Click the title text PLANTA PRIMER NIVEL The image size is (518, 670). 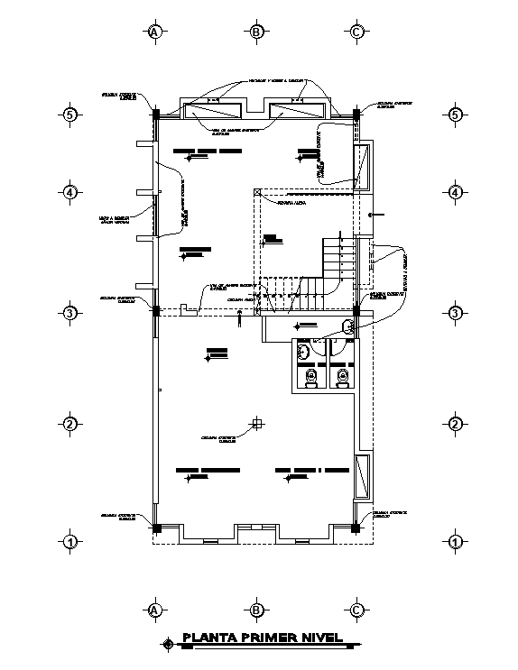[x=263, y=638]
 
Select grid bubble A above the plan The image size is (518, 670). [x=154, y=32]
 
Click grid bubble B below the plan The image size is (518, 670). [x=256, y=610]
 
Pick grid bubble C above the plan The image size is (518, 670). [x=357, y=32]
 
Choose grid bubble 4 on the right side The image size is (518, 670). [x=456, y=193]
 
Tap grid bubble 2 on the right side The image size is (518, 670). [x=456, y=425]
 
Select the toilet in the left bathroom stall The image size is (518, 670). [x=311, y=378]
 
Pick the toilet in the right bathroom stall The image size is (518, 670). [x=342, y=378]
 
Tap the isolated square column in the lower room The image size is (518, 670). [x=257, y=423]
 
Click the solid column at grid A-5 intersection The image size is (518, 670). [x=155, y=114]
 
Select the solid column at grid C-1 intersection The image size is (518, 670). [x=356, y=528]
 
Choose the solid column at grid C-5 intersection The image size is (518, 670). [x=356, y=114]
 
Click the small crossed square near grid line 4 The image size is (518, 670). [x=257, y=191]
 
